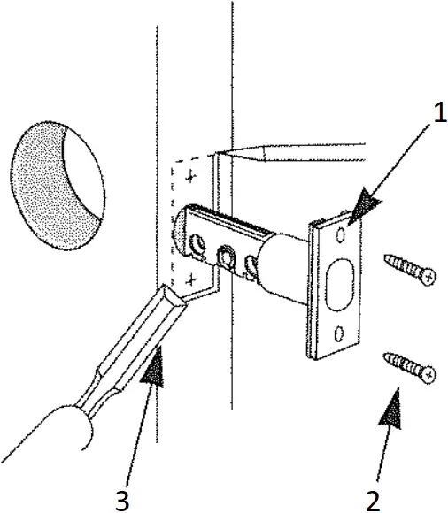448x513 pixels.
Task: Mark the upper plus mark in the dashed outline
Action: [x=188, y=179]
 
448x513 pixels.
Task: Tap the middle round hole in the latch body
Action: [x=227, y=256]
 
